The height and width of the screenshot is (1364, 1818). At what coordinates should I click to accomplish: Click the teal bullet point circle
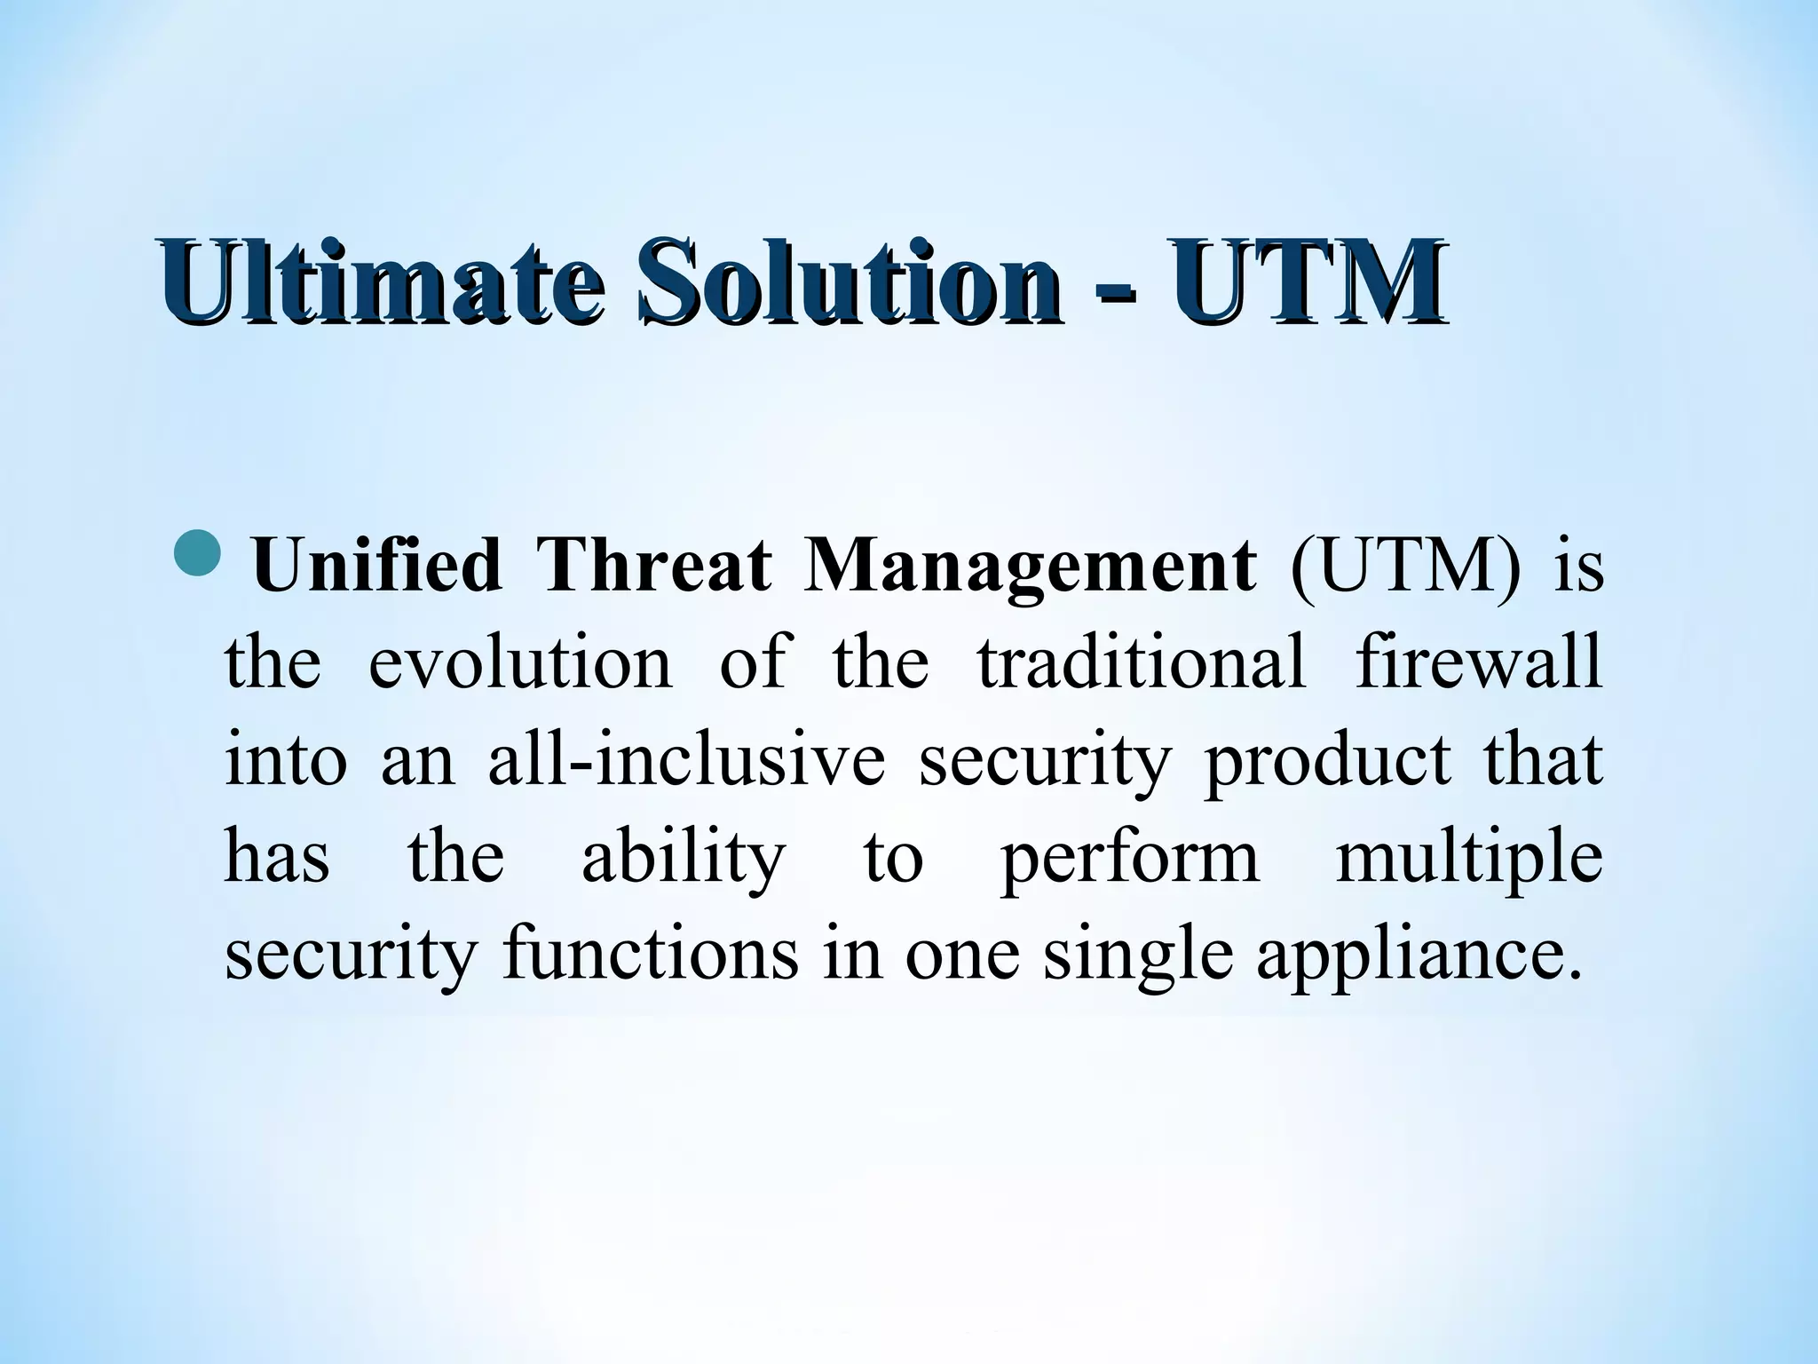point(196,552)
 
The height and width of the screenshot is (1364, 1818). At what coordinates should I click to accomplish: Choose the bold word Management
point(1029,568)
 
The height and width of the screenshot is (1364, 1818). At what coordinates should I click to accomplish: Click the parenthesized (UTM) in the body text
point(1403,568)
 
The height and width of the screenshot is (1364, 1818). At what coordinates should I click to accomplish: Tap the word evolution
point(520,662)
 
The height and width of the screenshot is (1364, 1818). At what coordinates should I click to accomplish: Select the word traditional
point(1142,662)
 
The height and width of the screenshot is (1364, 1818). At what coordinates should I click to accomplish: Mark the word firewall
point(1478,662)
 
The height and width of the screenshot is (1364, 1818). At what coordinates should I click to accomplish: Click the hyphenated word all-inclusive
point(686,760)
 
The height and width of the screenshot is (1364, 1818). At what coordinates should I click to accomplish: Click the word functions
point(650,955)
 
